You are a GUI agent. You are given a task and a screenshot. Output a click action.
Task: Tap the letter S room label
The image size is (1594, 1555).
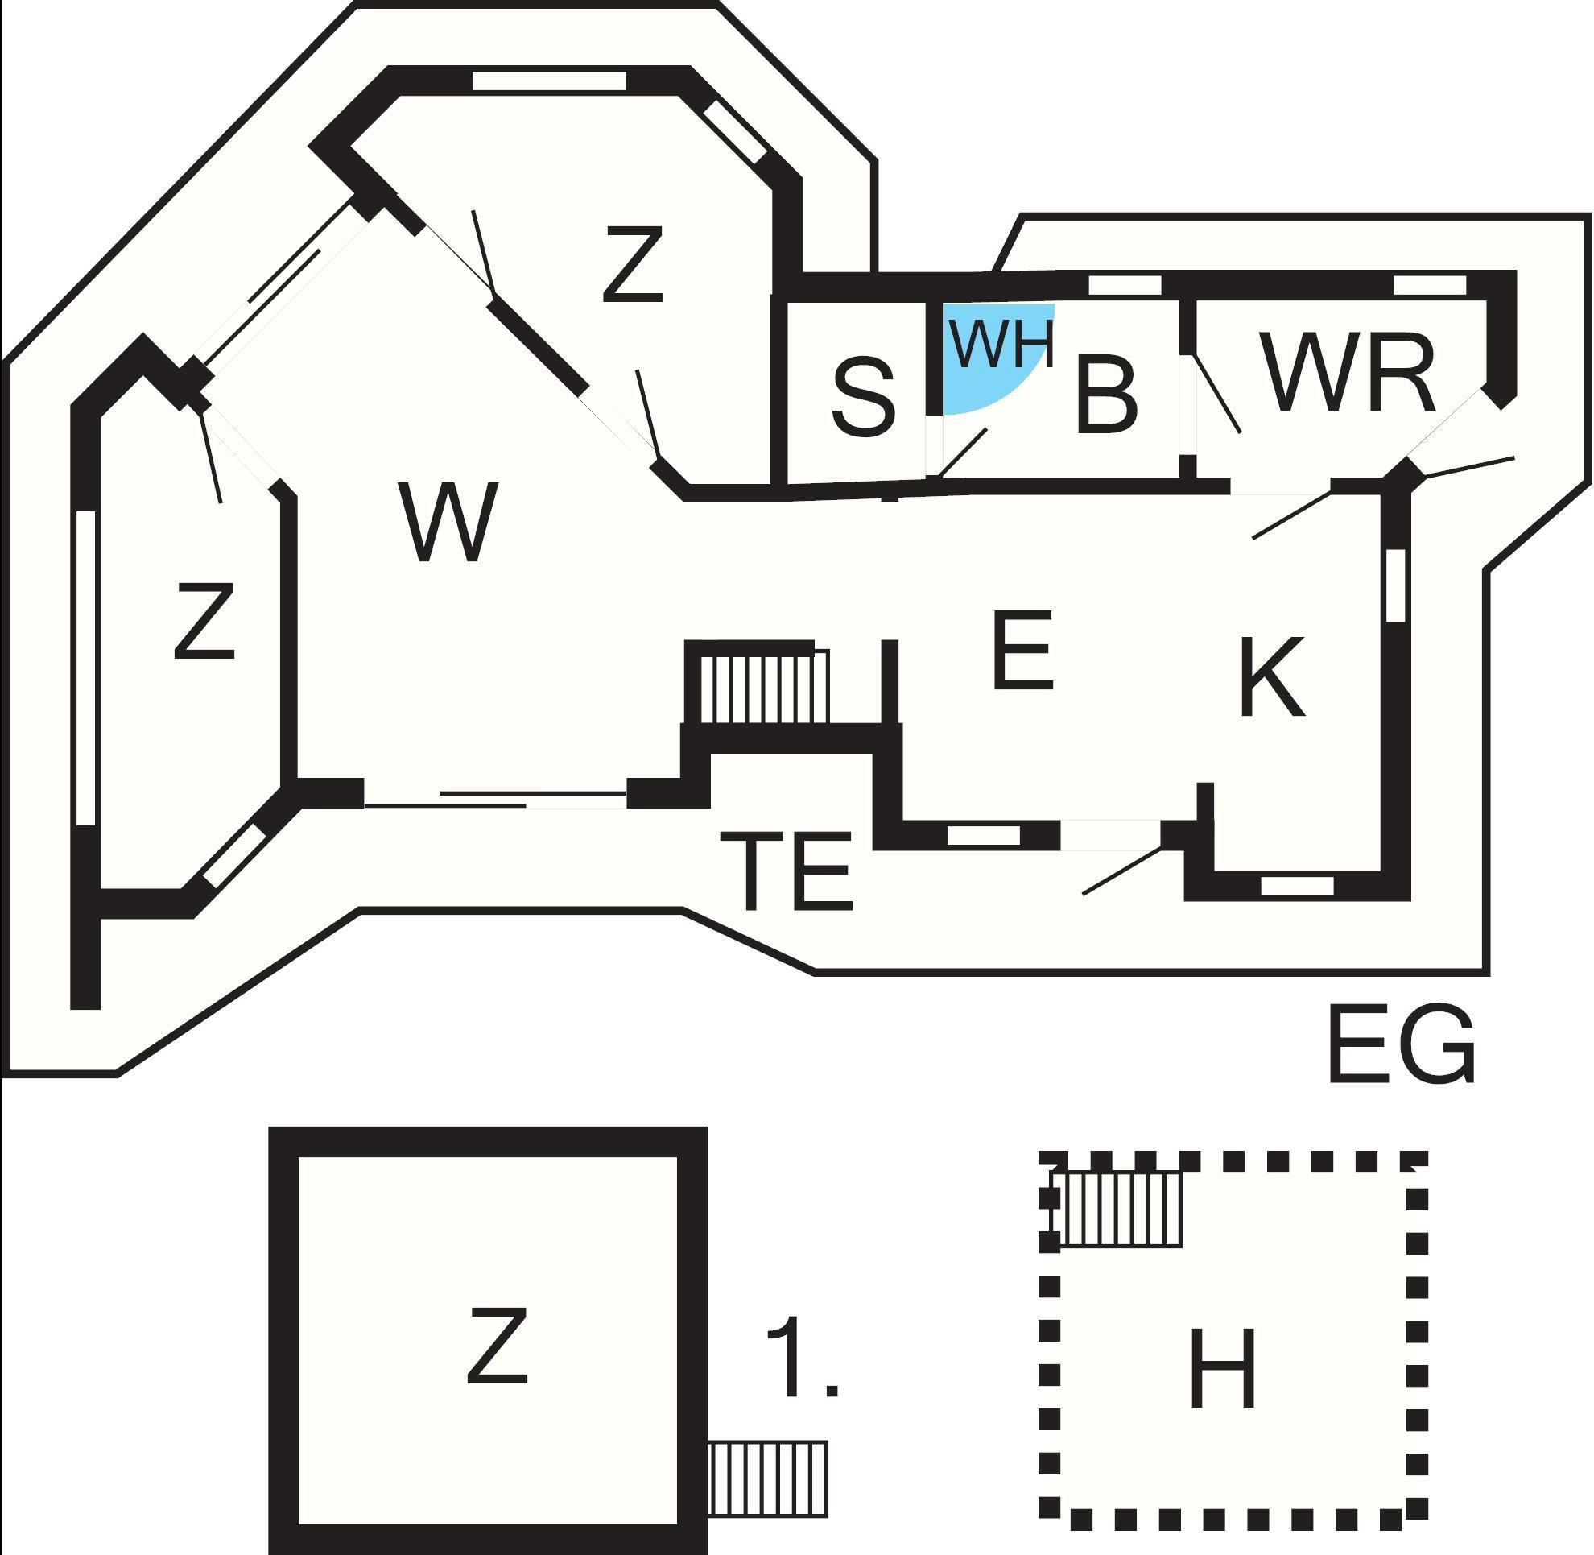click(863, 398)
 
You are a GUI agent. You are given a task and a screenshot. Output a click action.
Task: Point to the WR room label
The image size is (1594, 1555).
click(1348, 372)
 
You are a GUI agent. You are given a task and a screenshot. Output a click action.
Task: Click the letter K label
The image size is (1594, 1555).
click(1271, 677)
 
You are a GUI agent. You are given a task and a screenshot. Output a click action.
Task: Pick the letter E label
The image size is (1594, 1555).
click(1022, 650)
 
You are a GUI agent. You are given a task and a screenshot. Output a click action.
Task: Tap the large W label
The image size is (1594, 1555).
click(450, 522)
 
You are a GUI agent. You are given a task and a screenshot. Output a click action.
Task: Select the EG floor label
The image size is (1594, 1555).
click(1402, 1045)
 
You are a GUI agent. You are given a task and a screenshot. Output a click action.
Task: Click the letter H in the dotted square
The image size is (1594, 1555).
click(1223, 1369)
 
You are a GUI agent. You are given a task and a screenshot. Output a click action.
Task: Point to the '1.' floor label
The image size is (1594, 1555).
click(802, 1357)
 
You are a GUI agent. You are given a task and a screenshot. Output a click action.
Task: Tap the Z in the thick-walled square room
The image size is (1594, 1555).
click(498, 1346)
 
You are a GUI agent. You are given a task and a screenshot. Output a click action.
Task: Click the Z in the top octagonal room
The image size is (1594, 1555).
click(632, 265)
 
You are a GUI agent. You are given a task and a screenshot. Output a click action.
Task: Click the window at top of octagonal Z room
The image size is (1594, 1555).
click(549, 81)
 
